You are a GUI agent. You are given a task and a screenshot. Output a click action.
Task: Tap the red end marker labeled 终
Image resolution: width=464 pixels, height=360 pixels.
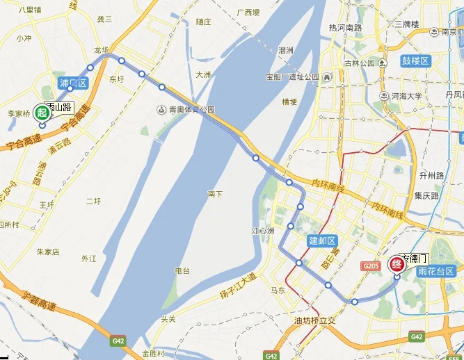click(397, 263)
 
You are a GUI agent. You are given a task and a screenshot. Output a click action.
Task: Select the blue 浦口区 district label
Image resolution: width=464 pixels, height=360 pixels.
click(74, 83)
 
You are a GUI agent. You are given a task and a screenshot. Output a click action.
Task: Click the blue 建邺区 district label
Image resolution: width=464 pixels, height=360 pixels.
click(322, 240)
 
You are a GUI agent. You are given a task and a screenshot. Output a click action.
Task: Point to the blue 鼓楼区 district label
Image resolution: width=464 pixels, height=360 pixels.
click(416, 61)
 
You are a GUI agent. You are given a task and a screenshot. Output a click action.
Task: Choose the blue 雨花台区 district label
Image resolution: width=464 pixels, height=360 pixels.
click(435, 271)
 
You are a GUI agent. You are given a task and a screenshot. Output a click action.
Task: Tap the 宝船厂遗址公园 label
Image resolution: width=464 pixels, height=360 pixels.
click(292, 76)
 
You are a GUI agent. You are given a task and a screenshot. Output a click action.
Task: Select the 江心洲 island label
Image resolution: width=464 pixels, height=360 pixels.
click(262, 230)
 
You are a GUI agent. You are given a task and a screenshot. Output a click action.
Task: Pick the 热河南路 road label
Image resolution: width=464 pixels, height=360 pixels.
click(345, 28)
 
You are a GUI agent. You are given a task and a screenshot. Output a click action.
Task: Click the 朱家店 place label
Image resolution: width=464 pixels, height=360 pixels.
click(48, 252)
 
